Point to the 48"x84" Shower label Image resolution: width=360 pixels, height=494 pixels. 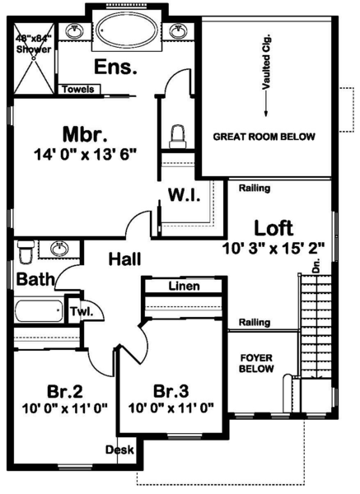coord(33,43)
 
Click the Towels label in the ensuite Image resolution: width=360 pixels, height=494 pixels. coord(78,89)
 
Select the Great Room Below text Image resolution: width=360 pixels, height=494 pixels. coord(264,137)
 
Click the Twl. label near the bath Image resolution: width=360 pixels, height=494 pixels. coord(80,312)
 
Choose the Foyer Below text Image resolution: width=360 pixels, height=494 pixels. coord(256,364)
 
